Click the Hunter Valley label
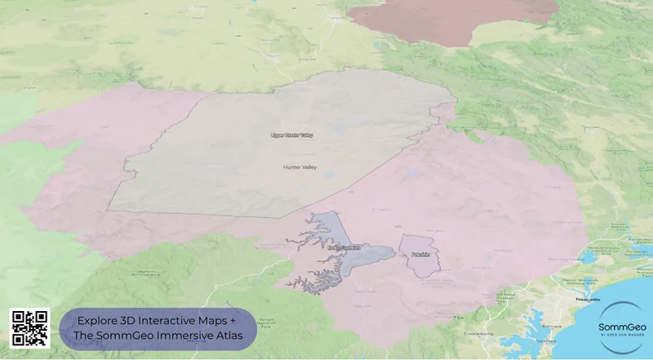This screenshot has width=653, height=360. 298,167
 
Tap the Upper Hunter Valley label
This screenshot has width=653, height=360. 291,135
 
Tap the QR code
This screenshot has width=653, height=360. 29,328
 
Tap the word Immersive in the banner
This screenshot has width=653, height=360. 180,336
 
